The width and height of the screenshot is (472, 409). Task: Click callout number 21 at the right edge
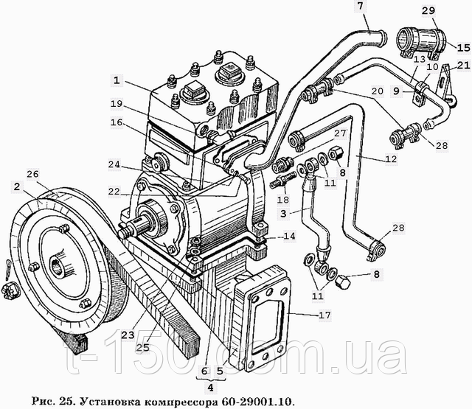tap(462, 66)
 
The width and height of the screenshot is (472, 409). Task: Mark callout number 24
tap(113, 164)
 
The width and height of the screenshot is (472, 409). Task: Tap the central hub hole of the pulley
tap(58, 262)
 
